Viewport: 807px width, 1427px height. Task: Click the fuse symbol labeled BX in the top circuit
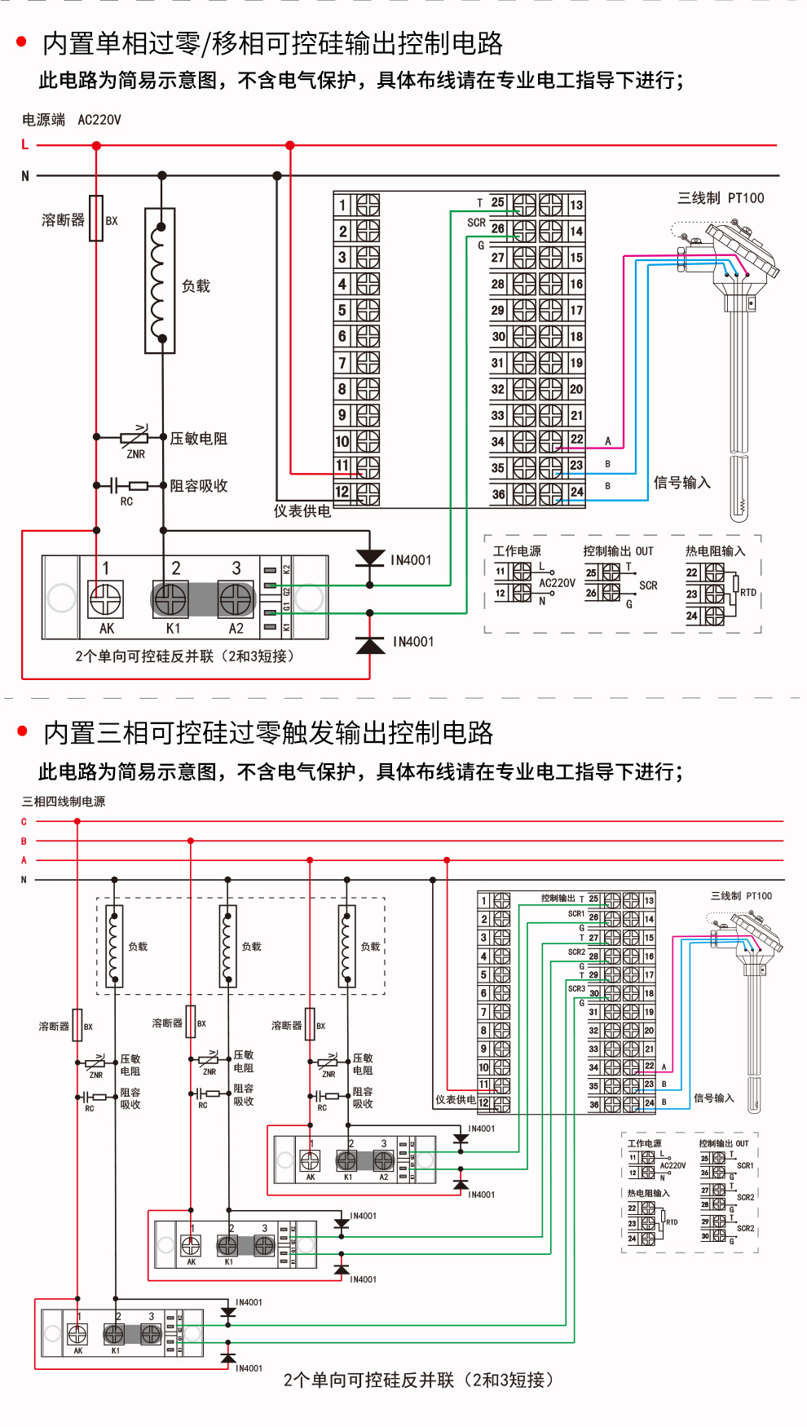coord(96,219)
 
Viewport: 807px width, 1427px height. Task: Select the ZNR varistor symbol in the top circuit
coord(135,438)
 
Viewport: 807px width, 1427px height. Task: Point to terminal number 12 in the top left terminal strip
coord(342,492)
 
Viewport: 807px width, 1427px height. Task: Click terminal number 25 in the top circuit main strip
coord(497,202)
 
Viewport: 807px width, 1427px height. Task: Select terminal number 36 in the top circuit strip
coord(498,494)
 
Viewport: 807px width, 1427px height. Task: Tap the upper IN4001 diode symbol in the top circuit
coord(370,558)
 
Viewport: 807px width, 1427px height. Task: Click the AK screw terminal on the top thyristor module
coord(106,600)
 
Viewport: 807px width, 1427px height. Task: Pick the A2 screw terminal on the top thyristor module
coord(236,600)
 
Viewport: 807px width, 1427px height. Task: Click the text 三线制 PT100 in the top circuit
coord(721,198)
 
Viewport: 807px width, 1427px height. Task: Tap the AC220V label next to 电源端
coord(99,120)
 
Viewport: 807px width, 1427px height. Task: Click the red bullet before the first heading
coord(22,42)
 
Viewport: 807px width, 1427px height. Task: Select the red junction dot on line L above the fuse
coord(96,146)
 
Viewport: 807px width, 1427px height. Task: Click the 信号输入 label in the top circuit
coord(681,483)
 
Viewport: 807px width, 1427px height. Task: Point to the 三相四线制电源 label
coord(64,802)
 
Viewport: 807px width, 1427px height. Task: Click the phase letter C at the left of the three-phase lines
coord(24,822)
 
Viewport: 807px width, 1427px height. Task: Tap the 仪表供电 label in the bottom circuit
coord(455,1100)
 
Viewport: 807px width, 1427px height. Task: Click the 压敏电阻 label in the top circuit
coord(198,439)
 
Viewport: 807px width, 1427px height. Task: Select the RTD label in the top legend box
coord(748,593)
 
